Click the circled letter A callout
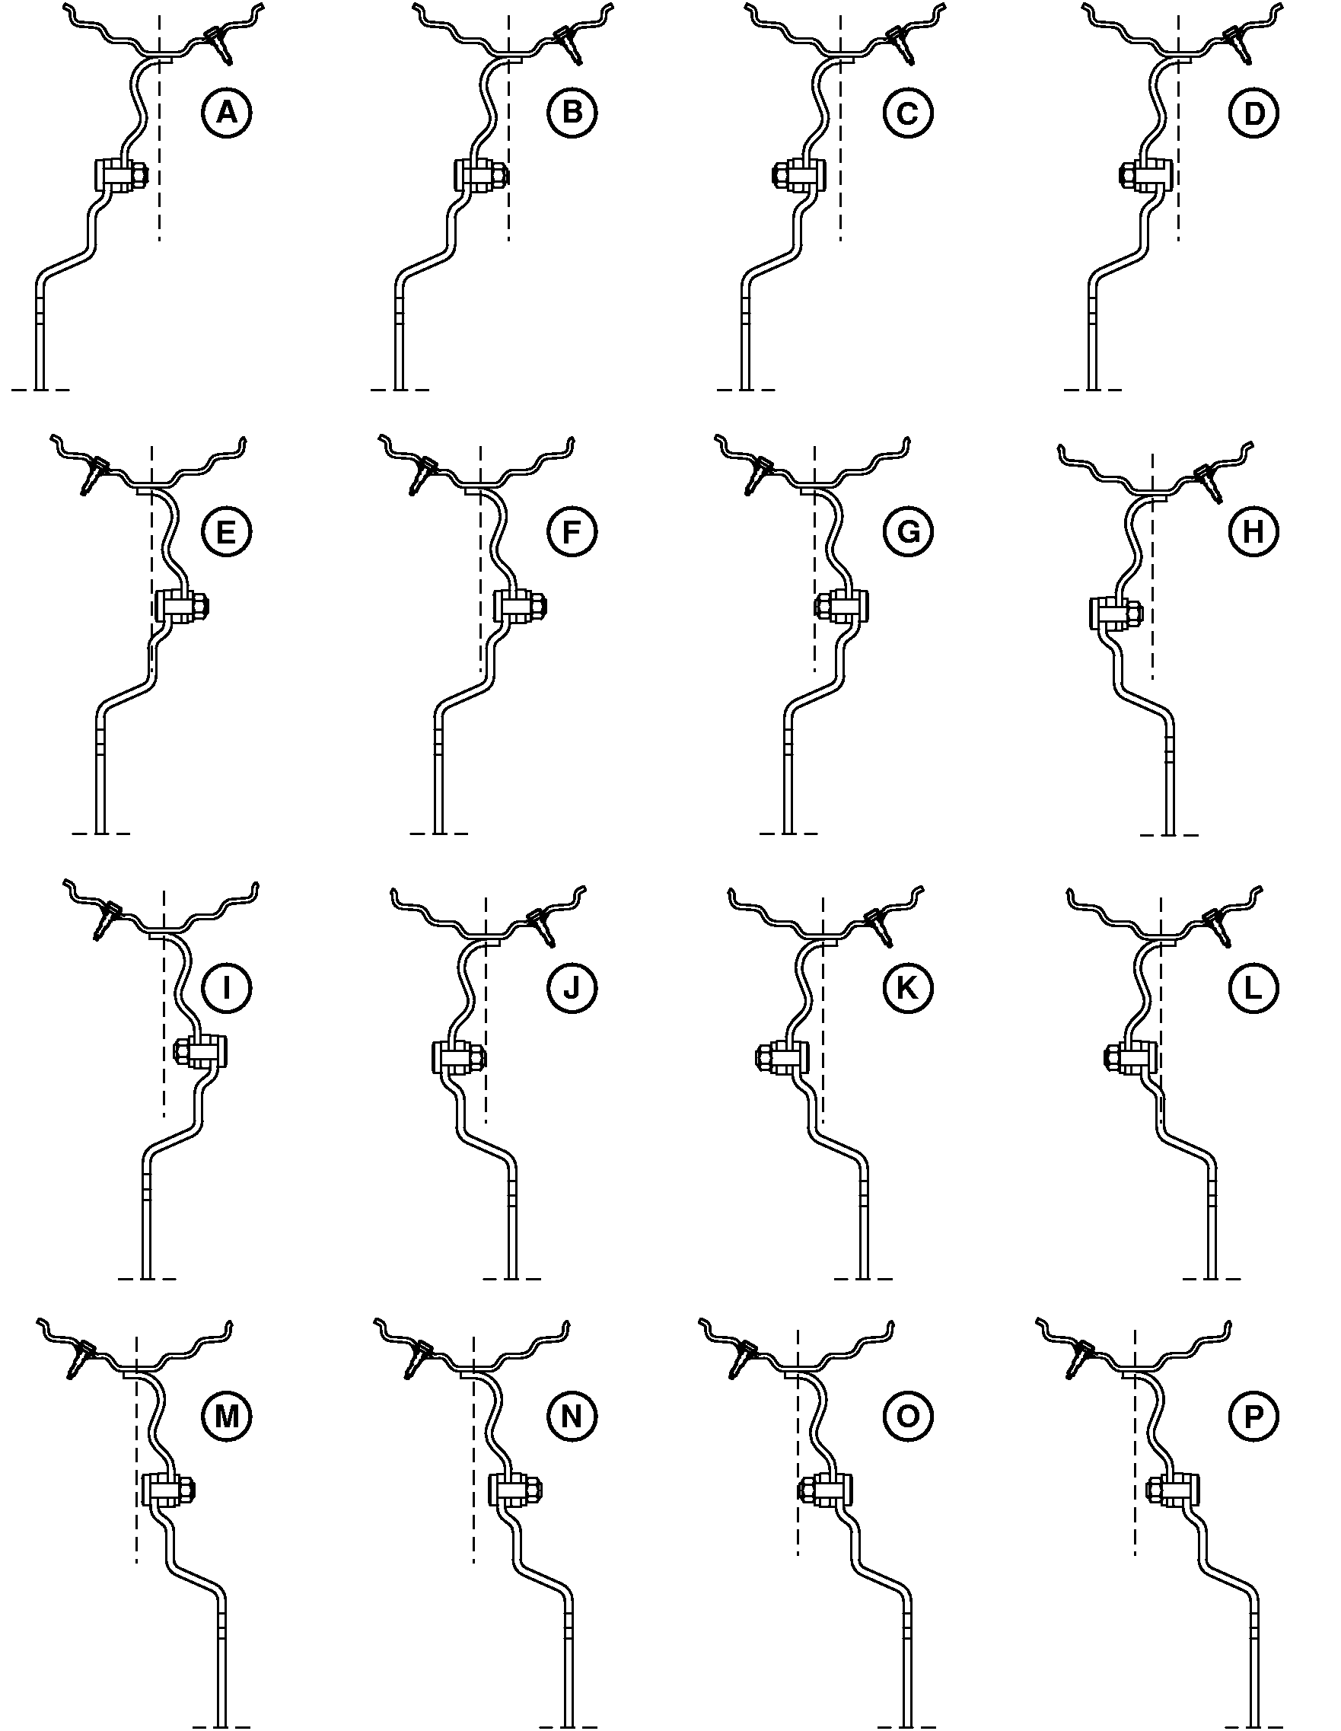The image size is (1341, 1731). point(226,113)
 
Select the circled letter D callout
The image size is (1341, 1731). point(1253,113)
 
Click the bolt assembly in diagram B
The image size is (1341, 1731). point(481,176)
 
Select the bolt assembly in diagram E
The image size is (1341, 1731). point(183,607)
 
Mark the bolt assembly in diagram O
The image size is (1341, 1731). point(825,1490)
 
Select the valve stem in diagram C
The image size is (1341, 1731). point(900,44)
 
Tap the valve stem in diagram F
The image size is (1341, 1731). point(420,476)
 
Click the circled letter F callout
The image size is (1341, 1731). point(572,532)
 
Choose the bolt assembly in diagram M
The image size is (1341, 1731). point(168,1490)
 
